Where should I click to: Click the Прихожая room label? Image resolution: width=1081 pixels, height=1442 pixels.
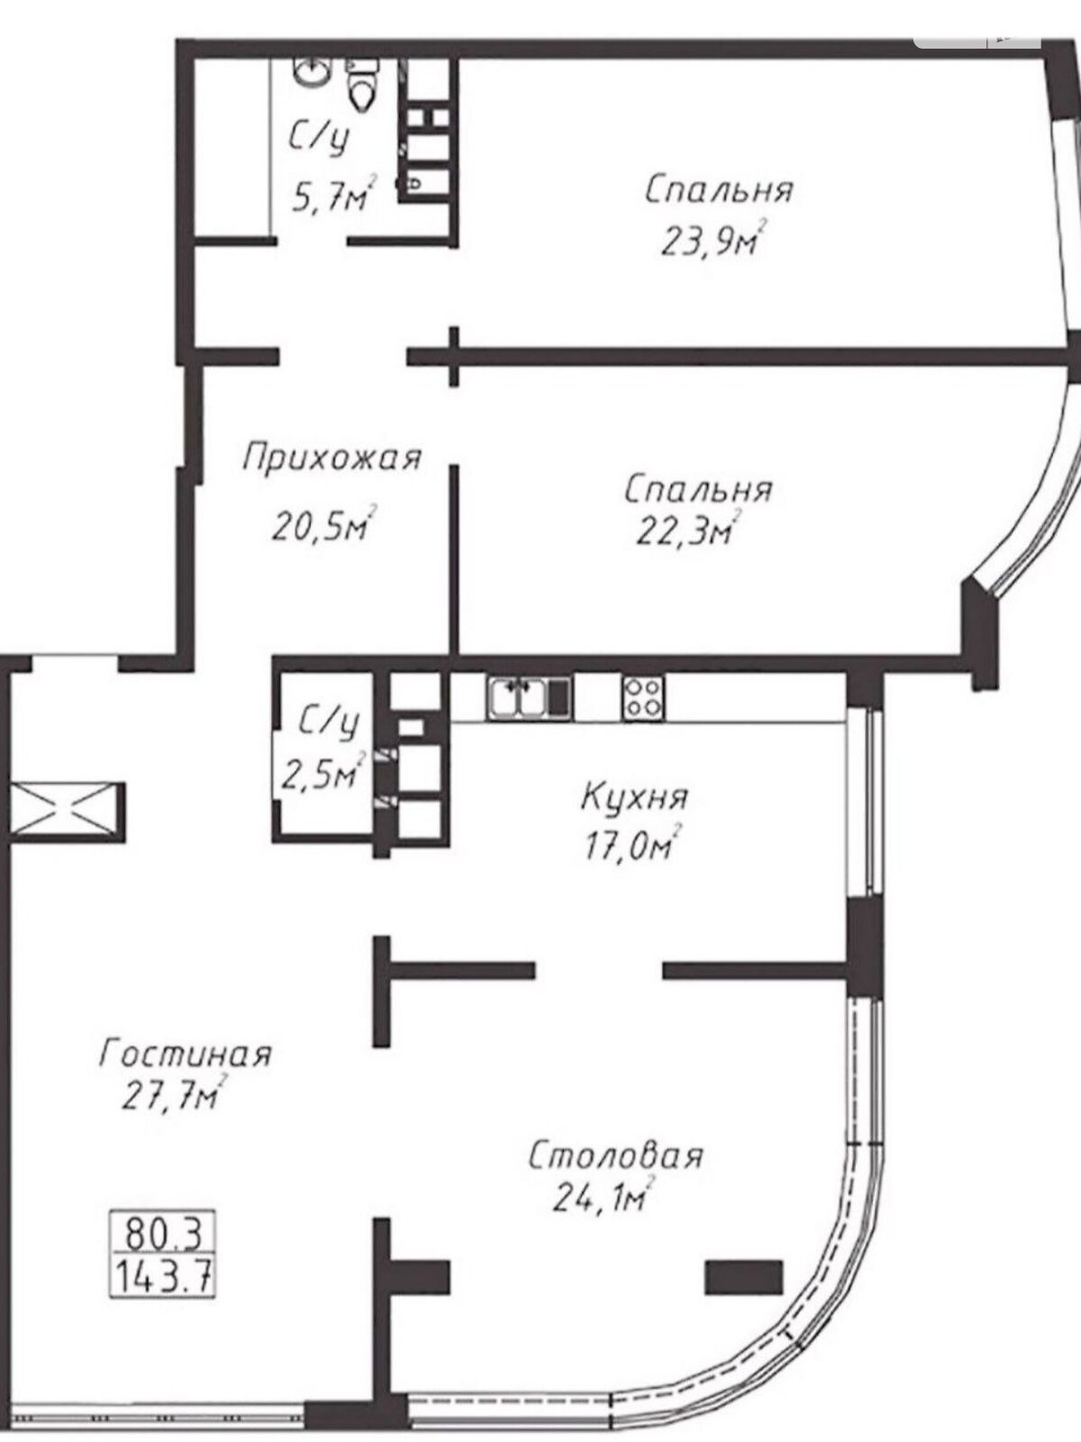(331, 458)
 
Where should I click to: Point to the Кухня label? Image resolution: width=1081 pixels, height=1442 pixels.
(635, 799)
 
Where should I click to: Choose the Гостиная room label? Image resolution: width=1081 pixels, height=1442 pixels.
(185, 1055)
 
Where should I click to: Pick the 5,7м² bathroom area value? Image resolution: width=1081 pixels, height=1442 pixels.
(335, 195)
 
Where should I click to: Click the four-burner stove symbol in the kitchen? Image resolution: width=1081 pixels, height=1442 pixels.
(643, 698)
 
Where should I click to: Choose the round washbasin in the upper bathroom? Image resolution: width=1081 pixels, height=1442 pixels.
(313, 71)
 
